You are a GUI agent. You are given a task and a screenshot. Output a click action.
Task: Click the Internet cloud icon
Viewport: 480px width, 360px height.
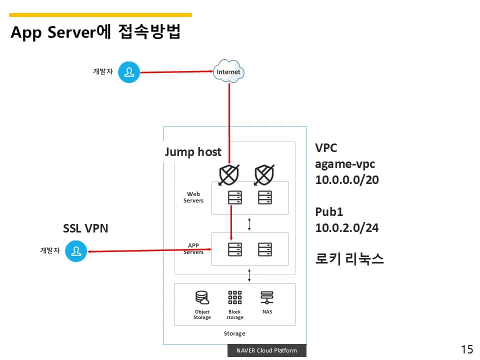pos(228,71)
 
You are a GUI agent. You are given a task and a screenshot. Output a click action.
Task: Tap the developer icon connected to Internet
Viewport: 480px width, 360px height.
pos(129,72)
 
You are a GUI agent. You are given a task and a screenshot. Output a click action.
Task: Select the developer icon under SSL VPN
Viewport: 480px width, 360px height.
pos(76,250)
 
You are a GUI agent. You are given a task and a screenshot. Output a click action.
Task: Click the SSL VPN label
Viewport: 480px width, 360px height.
pos(85,228)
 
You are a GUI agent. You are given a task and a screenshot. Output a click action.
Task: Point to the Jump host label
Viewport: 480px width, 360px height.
pos(193,152)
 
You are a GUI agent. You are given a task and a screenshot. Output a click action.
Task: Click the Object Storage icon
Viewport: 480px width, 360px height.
pos(202,298)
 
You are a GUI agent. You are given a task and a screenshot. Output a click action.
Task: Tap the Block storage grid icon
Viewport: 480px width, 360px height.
pos(234,297)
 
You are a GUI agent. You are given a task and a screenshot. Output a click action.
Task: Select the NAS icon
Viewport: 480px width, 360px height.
pos(267,298)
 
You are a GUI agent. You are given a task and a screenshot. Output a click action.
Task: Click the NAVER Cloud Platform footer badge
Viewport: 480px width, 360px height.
pos(266,350)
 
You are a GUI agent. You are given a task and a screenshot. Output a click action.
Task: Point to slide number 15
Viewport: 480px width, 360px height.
pos(466,349)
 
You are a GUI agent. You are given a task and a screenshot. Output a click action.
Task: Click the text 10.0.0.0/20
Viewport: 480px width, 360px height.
pos(347,180)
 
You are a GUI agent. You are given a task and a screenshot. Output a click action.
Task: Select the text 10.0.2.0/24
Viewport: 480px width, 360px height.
pos(347,228)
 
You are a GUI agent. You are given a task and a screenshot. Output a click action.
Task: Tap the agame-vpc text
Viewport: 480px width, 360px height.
pos(345,164)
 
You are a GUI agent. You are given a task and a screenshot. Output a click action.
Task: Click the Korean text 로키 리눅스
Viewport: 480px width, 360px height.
pos(349,259)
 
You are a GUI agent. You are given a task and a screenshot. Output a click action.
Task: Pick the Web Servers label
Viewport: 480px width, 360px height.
pos(193,197)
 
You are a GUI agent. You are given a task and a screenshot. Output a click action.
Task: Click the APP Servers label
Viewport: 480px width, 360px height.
pos(193,248)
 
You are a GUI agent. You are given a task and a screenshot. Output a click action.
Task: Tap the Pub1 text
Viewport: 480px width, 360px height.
pos(329,212)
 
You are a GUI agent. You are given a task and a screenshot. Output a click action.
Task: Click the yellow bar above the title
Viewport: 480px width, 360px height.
pos(100,15)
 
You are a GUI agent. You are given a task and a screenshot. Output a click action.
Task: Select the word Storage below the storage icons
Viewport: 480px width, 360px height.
pos(234,333)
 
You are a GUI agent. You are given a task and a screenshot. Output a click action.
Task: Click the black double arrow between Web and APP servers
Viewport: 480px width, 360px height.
pos(249,225)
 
